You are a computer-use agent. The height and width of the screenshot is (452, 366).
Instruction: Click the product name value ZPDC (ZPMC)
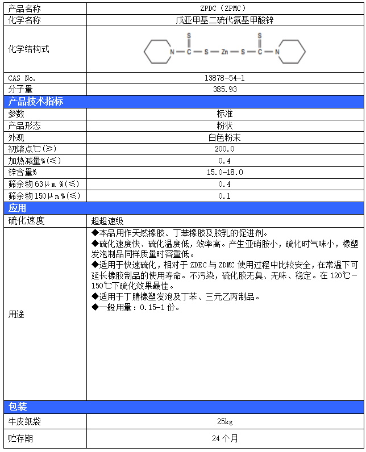coord(224,9)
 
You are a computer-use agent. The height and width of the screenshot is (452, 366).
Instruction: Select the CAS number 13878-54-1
coord(224,77)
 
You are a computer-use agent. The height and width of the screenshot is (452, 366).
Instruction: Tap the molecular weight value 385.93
coord(224,89)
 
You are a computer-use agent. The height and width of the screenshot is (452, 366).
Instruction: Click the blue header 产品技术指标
coord(36,102)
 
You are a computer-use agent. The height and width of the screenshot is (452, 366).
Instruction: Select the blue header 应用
coord(18,208)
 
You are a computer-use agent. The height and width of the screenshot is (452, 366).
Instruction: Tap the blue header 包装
coord(18,407)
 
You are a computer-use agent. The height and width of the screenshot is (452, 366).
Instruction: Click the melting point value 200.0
coord(224,149)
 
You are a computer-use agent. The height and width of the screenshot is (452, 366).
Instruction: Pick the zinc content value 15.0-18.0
coord(224,172)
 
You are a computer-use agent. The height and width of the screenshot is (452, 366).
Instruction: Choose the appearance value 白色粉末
coord(224,137)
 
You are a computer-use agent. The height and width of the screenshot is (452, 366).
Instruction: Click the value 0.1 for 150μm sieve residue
coord(224,196)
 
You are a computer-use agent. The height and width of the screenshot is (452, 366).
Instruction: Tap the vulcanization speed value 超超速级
coord(107,221)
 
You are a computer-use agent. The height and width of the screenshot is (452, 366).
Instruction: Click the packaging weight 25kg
coord(224,421)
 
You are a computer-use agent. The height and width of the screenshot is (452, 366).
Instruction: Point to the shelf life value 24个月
coord(224,438)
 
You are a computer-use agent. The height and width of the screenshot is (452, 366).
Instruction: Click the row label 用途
coord(16,314)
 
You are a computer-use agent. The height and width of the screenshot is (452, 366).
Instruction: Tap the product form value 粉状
coord(224,125)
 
